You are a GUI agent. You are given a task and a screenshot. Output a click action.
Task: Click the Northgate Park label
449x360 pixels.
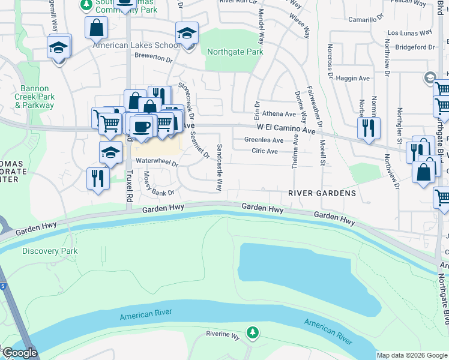click(x=235, y=52)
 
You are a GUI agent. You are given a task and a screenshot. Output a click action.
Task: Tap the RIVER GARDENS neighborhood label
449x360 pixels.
click(x=322, y=193)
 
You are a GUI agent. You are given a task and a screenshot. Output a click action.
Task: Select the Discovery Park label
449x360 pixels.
click(x=50, y=251)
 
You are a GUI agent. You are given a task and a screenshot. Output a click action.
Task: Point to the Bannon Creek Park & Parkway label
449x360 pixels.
click(x=34, y=97)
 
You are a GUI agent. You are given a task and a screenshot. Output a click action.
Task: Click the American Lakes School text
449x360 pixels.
click(x=136, y=46)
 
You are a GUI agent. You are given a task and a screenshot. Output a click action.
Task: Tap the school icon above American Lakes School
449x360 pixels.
click(x=187, y=34)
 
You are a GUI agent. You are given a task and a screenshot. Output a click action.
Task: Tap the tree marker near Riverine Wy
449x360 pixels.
click(x=253, y=332)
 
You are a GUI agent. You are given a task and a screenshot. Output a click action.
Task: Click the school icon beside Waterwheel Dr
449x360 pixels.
click(x=110, y=153)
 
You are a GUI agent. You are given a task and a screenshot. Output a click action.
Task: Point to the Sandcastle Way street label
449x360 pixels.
click(x=220, y=168)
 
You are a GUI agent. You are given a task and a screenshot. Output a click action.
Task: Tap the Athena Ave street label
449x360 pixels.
click(x=279, y=114)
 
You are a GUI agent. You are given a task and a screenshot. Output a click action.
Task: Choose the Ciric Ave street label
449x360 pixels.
click(x=265, y=151)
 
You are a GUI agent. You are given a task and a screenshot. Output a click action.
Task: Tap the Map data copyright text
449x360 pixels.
click(x=412, y=355)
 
